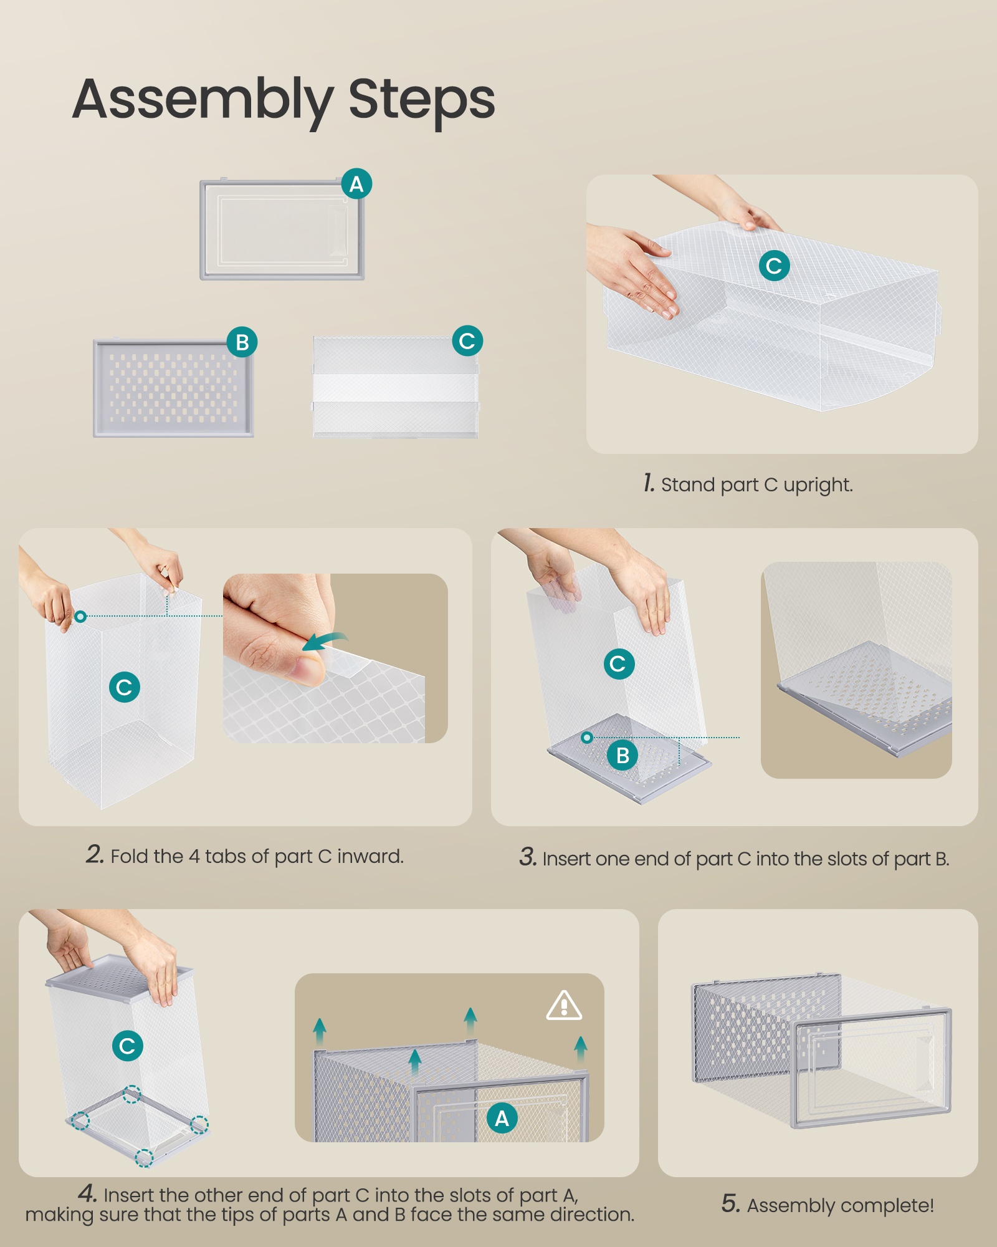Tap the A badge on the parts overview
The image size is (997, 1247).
[x=356, y=184]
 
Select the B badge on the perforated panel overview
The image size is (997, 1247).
[x=242, y=342]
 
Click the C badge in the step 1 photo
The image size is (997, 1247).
[x=774, y=266]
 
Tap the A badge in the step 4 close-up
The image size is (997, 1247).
[x=502, y=1119]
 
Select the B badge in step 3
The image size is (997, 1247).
[x=623, y=756]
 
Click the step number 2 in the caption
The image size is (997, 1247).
[x=95, y=855]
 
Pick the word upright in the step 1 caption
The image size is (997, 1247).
[x=818, y=485]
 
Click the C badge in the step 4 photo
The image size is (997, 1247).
[x=128, y=1046]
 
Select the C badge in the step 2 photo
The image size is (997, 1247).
[x=125, y=687]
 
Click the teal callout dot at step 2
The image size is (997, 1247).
[x=80, y=617]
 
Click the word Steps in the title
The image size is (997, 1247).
[x=422, y=100]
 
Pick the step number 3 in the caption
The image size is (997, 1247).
[x=528, y=857]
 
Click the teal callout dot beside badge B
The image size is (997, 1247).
[x=587, y=738]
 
